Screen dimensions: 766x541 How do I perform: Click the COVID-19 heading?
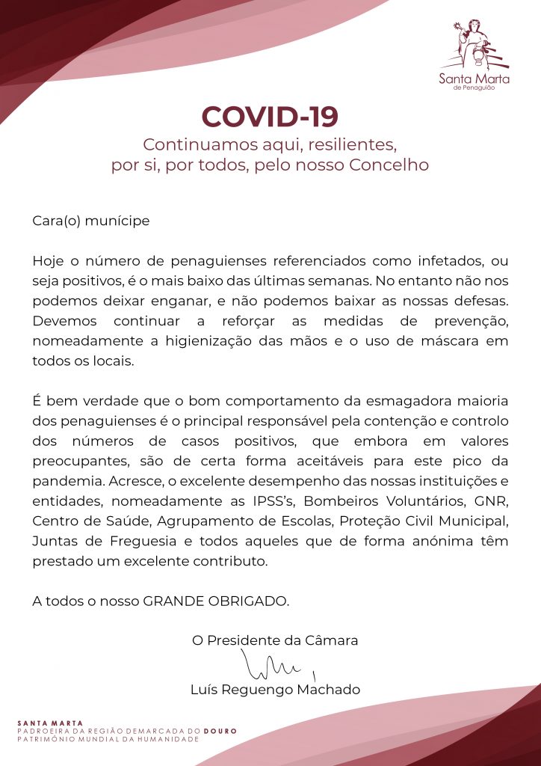point(270,117)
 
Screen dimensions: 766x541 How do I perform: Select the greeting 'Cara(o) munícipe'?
point(91,221)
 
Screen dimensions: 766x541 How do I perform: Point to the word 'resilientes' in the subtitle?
point(352,143)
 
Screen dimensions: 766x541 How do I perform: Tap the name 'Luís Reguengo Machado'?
point(275,690)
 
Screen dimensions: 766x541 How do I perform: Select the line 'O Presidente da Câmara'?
point(275,640)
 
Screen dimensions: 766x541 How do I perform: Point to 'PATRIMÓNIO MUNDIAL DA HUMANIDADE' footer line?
point(108,738)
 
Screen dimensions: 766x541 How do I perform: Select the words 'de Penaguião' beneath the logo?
point(474,87)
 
